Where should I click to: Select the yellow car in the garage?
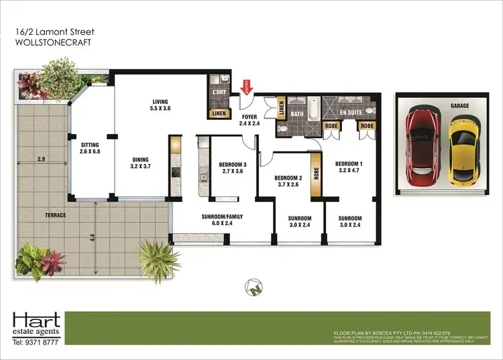coord(462,151)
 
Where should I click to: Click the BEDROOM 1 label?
coord(349,164)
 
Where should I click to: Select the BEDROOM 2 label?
coord(289,178)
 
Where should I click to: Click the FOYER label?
coord(249,117)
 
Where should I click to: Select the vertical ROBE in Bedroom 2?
coord(313,177)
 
